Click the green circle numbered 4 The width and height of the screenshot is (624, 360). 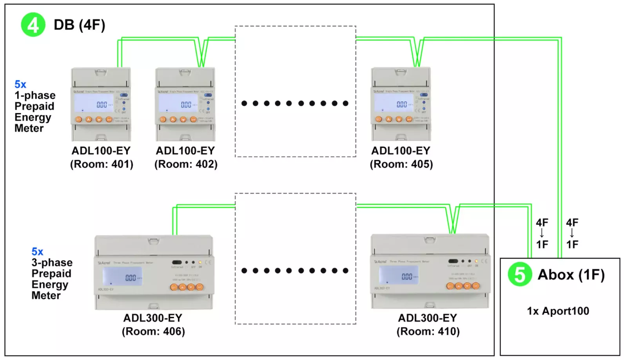coord(33,25)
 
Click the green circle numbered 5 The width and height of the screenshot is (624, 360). coord(520,274)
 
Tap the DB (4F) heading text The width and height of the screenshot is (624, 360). coord(80,25)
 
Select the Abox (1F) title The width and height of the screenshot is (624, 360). coord(571,275)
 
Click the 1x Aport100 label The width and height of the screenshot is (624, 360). coord(558,311)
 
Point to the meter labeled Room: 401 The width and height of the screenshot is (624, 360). coord(101,104)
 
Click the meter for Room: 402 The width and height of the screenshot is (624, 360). coord(185,104)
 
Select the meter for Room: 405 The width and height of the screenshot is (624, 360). coord(401,104)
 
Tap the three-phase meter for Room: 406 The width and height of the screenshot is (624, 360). coord(154,273)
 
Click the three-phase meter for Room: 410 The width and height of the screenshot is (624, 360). coord(430,271)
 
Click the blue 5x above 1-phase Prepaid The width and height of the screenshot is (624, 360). coord(20,84)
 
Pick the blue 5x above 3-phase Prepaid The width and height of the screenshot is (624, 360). coord(37,251)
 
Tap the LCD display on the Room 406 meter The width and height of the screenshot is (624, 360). coord(122,276)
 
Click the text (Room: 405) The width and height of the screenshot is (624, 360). coord(401,164)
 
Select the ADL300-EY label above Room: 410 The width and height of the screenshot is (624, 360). coord(428,318)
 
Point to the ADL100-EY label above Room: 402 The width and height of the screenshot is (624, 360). coord(185,151)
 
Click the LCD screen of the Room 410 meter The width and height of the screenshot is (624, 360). coord(398,275)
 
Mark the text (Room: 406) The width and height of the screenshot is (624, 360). coord(153,331)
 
